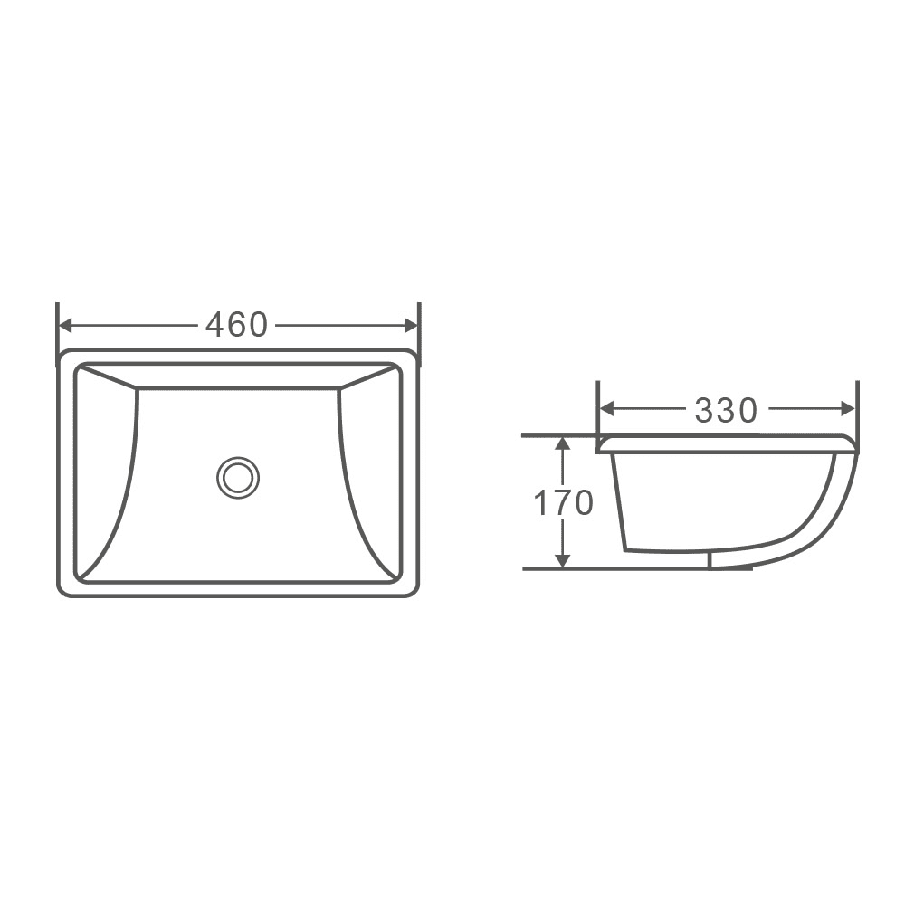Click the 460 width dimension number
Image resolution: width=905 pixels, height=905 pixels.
point(236,325)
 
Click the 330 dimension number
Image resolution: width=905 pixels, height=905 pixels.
point(725,411)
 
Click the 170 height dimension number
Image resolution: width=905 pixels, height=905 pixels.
point(562,503)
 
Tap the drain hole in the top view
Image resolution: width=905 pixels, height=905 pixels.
point(238,476)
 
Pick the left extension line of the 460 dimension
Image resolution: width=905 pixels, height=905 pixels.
point(57,326)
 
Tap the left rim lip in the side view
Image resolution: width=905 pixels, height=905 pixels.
point(603,443)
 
